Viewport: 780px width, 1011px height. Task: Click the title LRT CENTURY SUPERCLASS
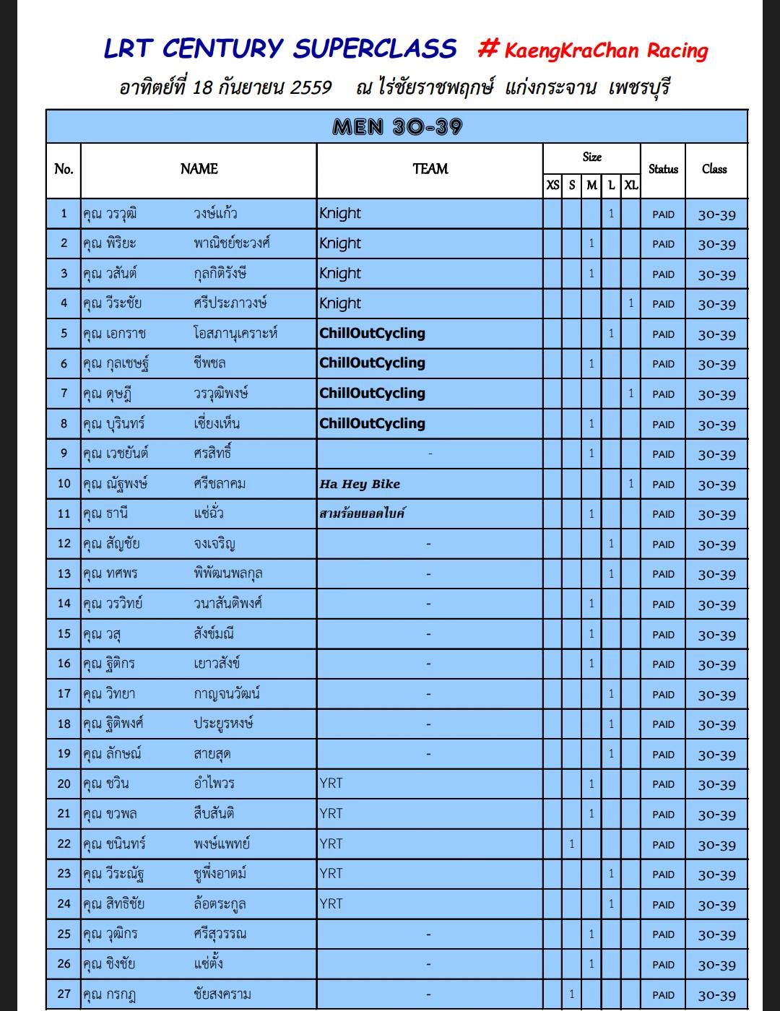(x=280, y=48)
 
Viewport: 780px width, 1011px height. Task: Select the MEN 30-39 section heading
(x=396, y=127)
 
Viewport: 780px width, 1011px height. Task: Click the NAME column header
(x=199, y=169)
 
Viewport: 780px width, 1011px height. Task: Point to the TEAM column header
(x=430, y=169)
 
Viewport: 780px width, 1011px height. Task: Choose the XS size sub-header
(x=552, y=185)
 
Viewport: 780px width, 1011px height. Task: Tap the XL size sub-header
(x=630, y=185)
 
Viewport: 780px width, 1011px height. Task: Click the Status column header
(x=663, y=169)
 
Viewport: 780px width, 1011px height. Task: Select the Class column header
(x=714, y=169)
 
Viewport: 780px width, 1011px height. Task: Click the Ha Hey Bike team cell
(x=360, y=484)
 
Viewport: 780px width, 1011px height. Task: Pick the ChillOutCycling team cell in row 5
(x=372, y=334)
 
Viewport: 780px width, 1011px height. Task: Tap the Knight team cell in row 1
(x=340, y=214)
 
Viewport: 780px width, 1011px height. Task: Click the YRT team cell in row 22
(x=331, y=843)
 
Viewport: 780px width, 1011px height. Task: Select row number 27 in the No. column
(x=64, y=994)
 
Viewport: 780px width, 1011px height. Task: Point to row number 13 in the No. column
(x=64, y=573)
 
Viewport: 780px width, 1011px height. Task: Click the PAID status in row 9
(x=663, y=454)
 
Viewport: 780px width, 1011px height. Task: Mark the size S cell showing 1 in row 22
(x=571, y=843)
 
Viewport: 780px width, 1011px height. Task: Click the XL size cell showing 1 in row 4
(x=630, y=303)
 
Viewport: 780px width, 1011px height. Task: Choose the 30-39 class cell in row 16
(x=716, y=664)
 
